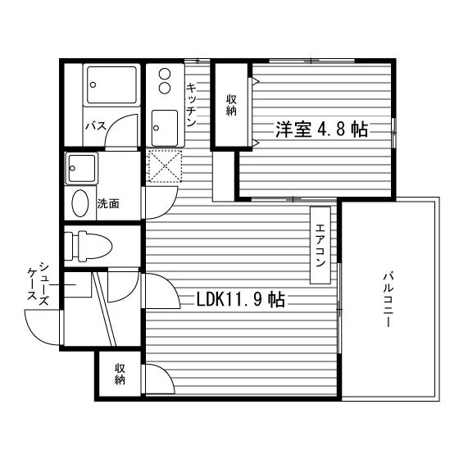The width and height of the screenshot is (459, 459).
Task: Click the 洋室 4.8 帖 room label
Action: coord(321,130)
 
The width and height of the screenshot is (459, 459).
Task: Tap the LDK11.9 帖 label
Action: coord(241,299)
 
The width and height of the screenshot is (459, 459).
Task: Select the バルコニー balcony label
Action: coord(389,299)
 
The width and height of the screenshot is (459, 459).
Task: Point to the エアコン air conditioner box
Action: coord(320,245)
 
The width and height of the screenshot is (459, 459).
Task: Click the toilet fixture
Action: coord(88,246)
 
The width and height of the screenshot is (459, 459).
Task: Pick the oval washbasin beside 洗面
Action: coord(80,203)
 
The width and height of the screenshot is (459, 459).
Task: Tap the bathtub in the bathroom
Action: coord(111,85)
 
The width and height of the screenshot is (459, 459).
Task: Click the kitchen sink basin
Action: coord(165,128)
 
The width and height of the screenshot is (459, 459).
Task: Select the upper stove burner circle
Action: coord(165,73)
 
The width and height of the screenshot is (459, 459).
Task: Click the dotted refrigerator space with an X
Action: coord(165,166)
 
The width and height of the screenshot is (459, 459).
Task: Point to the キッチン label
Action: coord(192,105)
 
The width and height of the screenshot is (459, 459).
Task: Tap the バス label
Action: coord(96,126)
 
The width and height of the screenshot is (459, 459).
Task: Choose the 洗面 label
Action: coord(108,203)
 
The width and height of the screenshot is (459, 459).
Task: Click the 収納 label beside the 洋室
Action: coord(231,106)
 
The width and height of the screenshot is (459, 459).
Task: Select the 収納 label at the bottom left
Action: coord(120,374)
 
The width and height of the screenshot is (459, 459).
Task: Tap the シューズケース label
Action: coord(38,283)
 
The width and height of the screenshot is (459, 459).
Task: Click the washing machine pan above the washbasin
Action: coord(82,168)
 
